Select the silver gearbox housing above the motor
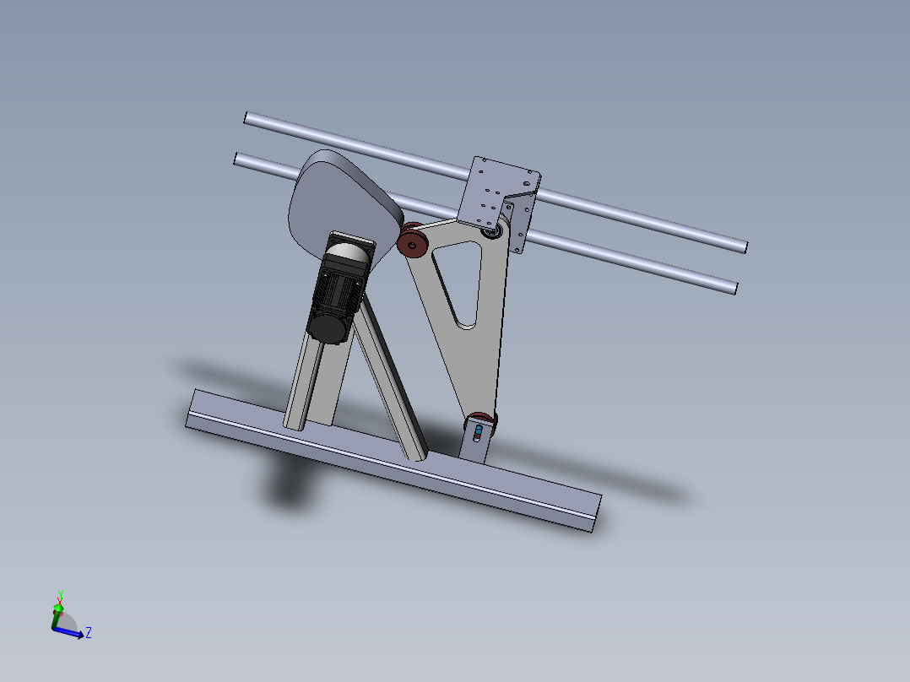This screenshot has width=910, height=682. (x=349, y=252)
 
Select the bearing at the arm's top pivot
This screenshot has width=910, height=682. (x=490, y=229)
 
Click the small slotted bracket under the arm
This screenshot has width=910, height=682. (x=474, y=443)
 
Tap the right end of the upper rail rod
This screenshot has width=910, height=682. (x=743, y=246)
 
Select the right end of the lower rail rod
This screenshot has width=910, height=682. (x=734, y=288)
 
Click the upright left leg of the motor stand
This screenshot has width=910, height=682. (x=308, y=380)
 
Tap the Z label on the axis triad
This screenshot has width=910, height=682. (x=89, y=632)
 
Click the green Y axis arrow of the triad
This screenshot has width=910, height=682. (x=58, y=605)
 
